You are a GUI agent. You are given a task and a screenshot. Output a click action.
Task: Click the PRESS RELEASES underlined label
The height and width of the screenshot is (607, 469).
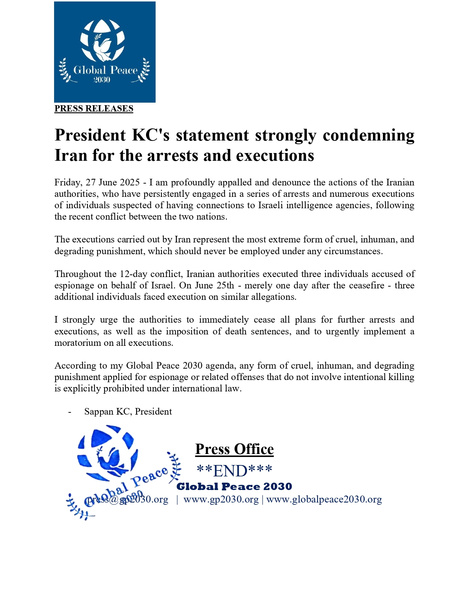tap(94, 109)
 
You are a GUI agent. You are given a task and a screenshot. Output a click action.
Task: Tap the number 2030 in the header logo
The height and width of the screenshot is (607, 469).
tap(102, 80)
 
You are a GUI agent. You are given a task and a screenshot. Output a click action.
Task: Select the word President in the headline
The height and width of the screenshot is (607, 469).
tap(90, 135)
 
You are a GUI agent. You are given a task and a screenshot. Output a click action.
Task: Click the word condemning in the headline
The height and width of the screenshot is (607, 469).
tap(369, 135)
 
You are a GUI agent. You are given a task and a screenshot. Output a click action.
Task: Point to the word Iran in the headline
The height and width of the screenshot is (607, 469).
tap(70, 155)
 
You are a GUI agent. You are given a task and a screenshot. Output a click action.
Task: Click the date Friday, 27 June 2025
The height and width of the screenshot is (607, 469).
tap(97, 182)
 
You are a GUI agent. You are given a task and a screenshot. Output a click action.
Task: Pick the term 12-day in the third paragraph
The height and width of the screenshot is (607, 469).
tap(132, 274)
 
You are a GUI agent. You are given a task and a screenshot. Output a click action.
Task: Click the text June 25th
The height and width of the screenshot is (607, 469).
tap(207, 285)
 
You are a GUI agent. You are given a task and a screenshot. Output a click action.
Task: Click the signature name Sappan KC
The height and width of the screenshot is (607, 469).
tap(107, 411)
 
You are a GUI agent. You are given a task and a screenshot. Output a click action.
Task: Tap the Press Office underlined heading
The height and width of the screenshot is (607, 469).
tap(234, 449)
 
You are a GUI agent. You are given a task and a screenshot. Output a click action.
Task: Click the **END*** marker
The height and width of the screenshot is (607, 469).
tap(234, 471)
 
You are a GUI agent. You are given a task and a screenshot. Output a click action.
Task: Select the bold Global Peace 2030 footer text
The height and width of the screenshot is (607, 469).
tap(234, 487)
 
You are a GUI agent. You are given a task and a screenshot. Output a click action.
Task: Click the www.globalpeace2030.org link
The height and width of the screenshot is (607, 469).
tap(324, 499)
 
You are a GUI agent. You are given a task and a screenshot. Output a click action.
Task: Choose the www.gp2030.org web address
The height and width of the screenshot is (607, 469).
tap(221, 499)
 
